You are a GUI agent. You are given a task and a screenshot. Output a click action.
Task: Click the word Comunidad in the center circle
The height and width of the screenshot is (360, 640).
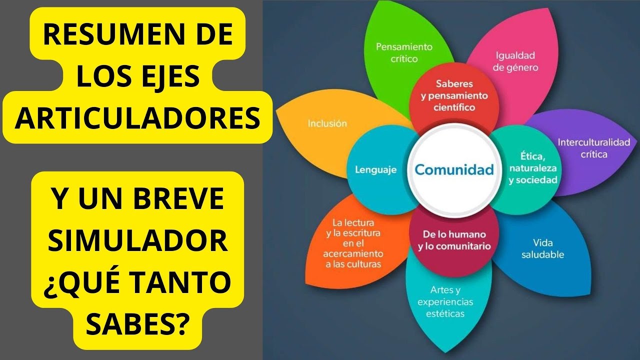click(x=454, y=169)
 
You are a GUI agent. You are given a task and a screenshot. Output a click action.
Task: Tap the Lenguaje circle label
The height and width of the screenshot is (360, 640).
click(x=375, y=170)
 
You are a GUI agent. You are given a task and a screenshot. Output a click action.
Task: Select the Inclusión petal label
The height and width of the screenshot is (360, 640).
click(x=327, y=123)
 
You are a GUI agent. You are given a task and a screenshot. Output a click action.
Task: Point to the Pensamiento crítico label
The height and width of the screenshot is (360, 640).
click(x=404, y=52)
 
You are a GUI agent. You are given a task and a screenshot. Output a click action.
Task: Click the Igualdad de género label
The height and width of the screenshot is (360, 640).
click(x=515, y=61)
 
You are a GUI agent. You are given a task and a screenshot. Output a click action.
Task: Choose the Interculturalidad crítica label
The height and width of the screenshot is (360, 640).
click(x=593, y=148)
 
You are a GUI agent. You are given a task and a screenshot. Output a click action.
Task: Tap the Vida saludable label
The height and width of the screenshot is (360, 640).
click(x=542, y=248)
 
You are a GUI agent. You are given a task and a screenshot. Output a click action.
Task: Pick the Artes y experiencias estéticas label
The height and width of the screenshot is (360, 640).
click(x=445, y=301)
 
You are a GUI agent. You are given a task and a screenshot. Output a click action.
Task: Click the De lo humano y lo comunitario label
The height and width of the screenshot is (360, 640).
click(x=454, y=240)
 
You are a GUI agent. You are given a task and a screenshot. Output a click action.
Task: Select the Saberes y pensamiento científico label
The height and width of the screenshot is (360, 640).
click(x=454, y=95)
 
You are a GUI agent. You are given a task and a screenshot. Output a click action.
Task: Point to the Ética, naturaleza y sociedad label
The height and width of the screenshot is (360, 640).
click(x=533, y=168)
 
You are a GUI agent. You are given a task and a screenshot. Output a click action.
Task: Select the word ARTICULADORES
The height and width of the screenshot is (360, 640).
click(x=137, y=118)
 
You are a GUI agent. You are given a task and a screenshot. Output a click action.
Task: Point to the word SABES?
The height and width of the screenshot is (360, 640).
click(x=137, y=323)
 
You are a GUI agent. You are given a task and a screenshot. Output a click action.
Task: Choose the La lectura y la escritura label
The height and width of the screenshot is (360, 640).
click(x=353, y=243)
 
